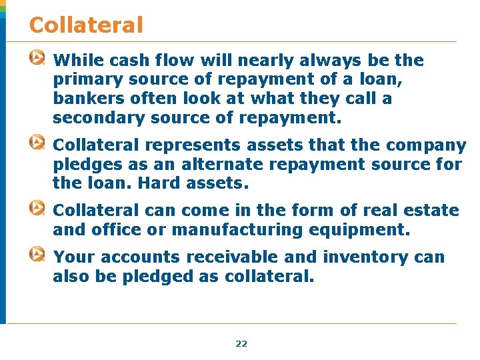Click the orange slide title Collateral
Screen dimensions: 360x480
coord(86,25)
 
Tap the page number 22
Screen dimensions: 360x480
coord(241,344)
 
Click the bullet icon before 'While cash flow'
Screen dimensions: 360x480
coord(38,59)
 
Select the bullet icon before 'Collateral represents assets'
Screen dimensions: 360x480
coord(38,143)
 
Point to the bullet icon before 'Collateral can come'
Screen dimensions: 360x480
coord(38,209)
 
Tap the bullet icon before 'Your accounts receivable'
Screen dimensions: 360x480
coord(38,255)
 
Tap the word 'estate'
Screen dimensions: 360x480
coord(431,211)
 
